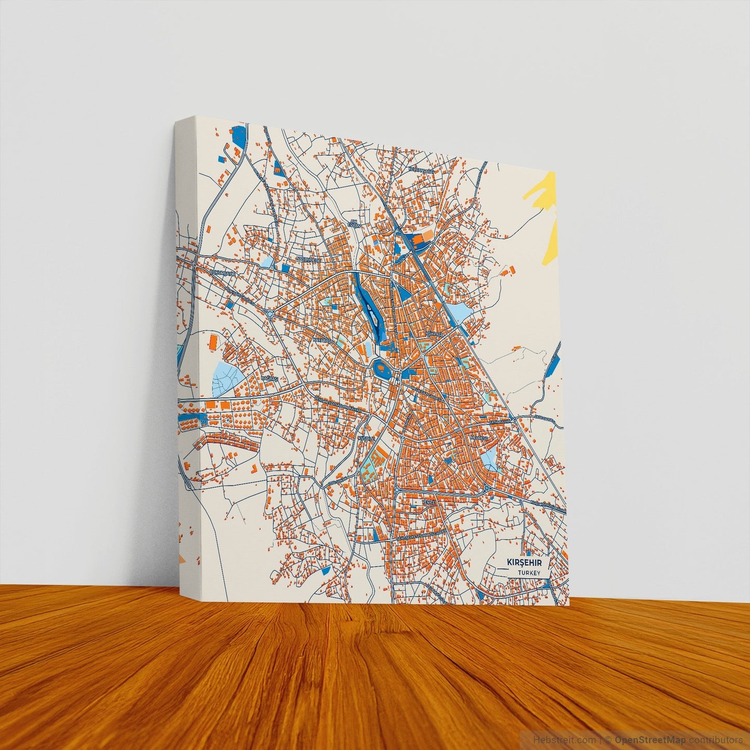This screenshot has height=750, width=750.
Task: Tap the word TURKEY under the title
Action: [529, 572]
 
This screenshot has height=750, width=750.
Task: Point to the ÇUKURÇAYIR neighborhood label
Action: [223, 271]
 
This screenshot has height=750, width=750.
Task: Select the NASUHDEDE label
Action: [309, 258]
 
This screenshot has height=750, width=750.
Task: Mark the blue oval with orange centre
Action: [383, 370]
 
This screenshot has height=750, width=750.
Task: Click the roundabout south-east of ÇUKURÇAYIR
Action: [270, 314]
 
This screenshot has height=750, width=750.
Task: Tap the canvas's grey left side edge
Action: [186, 363]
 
